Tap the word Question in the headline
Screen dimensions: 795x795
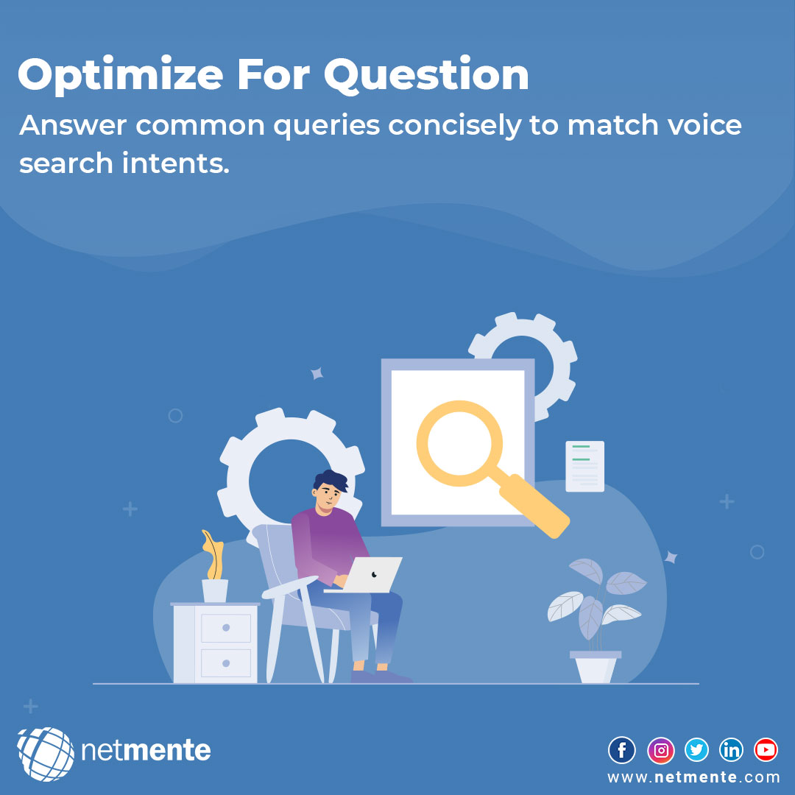[427, 75]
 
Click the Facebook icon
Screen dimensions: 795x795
[622, 750]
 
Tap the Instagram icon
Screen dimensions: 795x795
[660, 750]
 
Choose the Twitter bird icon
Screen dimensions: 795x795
[696, 750]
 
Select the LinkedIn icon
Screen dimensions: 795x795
[732, 750]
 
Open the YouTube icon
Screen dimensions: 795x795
[766, 750]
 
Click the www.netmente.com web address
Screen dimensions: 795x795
[693, 777]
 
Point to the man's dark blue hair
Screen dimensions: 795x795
[331, 480]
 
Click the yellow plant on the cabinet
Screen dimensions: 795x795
[213, 556]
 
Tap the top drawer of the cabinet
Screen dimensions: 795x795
[226, 628]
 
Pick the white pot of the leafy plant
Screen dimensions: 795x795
[596, 668]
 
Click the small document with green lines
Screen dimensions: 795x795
[584, 466]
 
